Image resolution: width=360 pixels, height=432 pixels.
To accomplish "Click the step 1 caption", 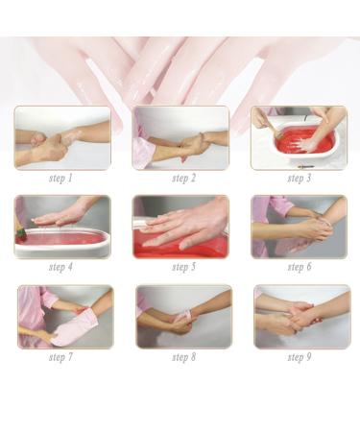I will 62,179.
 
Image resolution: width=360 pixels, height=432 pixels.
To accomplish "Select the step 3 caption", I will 299,179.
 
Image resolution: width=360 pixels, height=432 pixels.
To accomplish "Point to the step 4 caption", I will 62,267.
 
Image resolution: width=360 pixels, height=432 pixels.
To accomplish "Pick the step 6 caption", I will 299,267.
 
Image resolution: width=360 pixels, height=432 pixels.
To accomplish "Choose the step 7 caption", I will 62,357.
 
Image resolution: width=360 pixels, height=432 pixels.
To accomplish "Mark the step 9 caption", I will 299,357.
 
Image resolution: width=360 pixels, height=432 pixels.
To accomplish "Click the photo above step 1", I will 62,137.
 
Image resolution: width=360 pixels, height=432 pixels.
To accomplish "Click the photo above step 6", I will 299,227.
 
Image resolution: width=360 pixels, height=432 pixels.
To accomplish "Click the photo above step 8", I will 182,316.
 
